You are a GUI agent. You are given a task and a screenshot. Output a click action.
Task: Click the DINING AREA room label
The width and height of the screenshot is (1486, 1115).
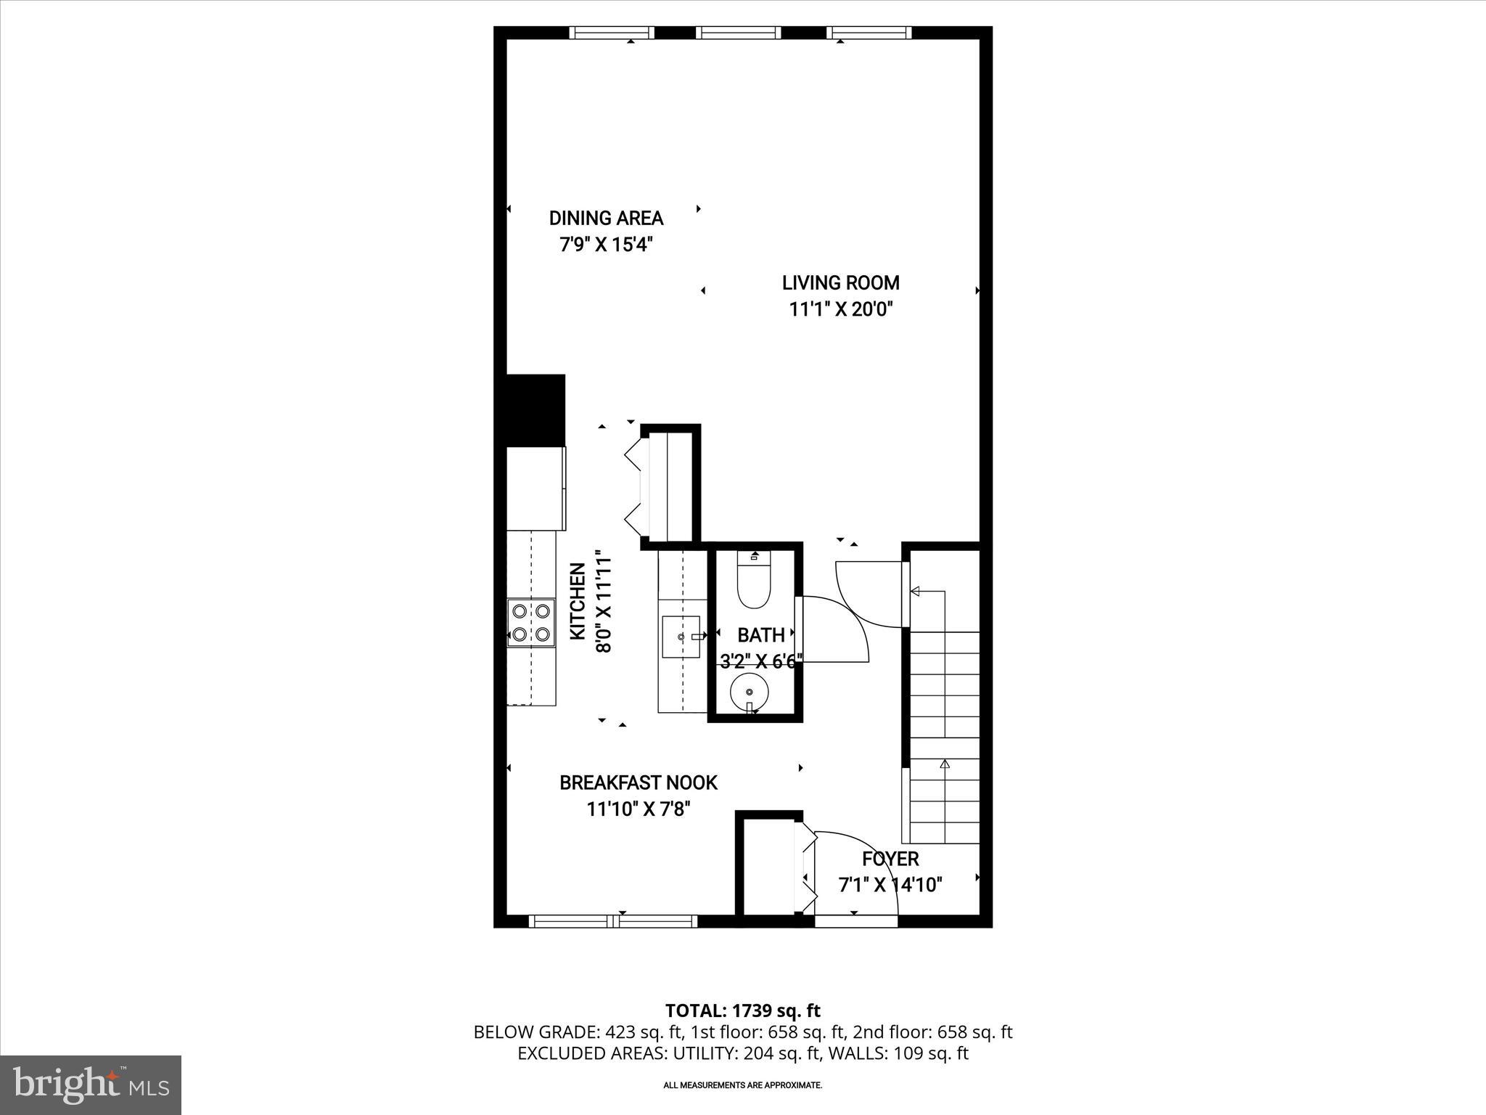(x=606, y=218)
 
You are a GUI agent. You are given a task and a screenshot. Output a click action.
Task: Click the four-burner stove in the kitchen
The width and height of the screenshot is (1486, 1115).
(x=531, y=623)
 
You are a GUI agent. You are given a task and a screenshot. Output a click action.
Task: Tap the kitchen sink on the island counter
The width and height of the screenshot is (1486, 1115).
(x=681, y=637)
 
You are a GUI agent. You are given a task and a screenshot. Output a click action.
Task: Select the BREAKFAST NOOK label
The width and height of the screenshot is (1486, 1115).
(x=638, y=783)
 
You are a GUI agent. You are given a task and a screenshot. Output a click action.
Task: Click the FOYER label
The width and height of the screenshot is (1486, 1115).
(x=890, y=859)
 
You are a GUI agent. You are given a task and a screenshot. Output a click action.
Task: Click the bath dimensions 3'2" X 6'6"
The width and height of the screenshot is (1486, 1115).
(x=760, y=661)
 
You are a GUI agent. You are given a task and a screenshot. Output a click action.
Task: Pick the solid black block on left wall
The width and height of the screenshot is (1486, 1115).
(x=535, y=410)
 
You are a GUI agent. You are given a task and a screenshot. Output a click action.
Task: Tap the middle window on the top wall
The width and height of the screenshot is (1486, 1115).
(x=739, y=33)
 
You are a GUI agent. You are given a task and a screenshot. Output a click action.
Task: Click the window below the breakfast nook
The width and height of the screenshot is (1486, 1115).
(x=613, y=921)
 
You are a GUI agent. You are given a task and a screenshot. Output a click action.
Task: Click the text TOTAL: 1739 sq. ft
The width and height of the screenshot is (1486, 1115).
(x=742, y=1010)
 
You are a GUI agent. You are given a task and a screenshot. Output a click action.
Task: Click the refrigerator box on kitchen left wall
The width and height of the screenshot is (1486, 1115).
(x=535, y=489)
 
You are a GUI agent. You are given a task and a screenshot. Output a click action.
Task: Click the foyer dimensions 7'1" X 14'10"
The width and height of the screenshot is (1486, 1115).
(x=890, y=885)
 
